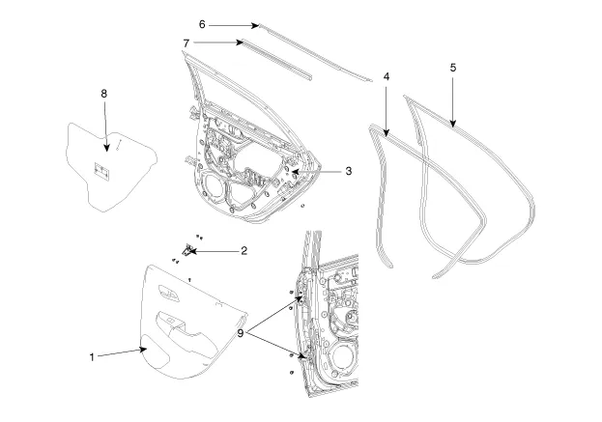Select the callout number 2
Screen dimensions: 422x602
pos(244,251)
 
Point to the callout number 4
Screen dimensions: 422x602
pos(387,75)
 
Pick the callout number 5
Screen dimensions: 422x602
pos(452,68)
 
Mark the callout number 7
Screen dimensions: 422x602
pos(185,42)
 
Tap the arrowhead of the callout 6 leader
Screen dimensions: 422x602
pos(257,24)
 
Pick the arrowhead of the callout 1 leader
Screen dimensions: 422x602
pos(148,352)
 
